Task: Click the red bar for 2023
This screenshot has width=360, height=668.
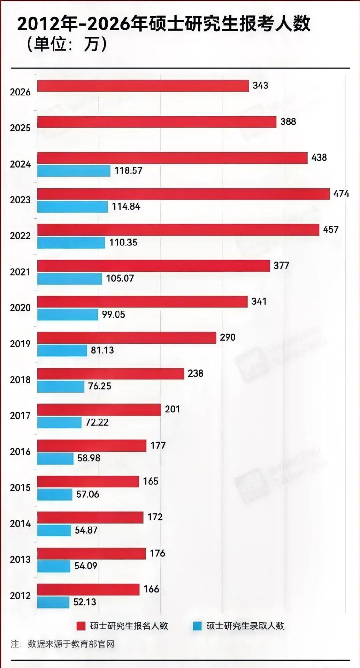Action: pos(183,194)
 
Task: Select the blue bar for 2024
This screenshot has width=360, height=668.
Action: pos(74,171)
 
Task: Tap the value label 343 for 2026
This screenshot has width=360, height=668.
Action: pos(260,86)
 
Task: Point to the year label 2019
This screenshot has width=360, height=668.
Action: pos(20,344)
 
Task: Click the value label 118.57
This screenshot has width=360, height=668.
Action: pos(128,171)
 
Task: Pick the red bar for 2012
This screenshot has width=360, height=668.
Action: pos(88,590)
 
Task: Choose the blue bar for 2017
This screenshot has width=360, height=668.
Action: pos(59,422)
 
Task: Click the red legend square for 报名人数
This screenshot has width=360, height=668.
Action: pos(81,626)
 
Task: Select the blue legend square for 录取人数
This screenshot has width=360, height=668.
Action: pos(197,626)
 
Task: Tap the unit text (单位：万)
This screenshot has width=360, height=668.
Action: pos(66,44)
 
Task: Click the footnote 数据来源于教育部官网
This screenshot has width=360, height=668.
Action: pos(71,644)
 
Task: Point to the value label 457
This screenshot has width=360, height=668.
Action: pos(331,230)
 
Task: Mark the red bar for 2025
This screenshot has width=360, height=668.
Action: pos(157,122)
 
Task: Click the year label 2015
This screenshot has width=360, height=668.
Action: pos(20,488)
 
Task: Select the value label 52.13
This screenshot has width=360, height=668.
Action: pos(85,602)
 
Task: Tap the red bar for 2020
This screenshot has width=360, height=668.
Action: pos(142,302)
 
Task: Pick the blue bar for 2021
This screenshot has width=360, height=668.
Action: pos(69,279)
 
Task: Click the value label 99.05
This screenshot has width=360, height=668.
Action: pos(113,314)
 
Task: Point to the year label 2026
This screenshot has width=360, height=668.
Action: pos(20,92)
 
